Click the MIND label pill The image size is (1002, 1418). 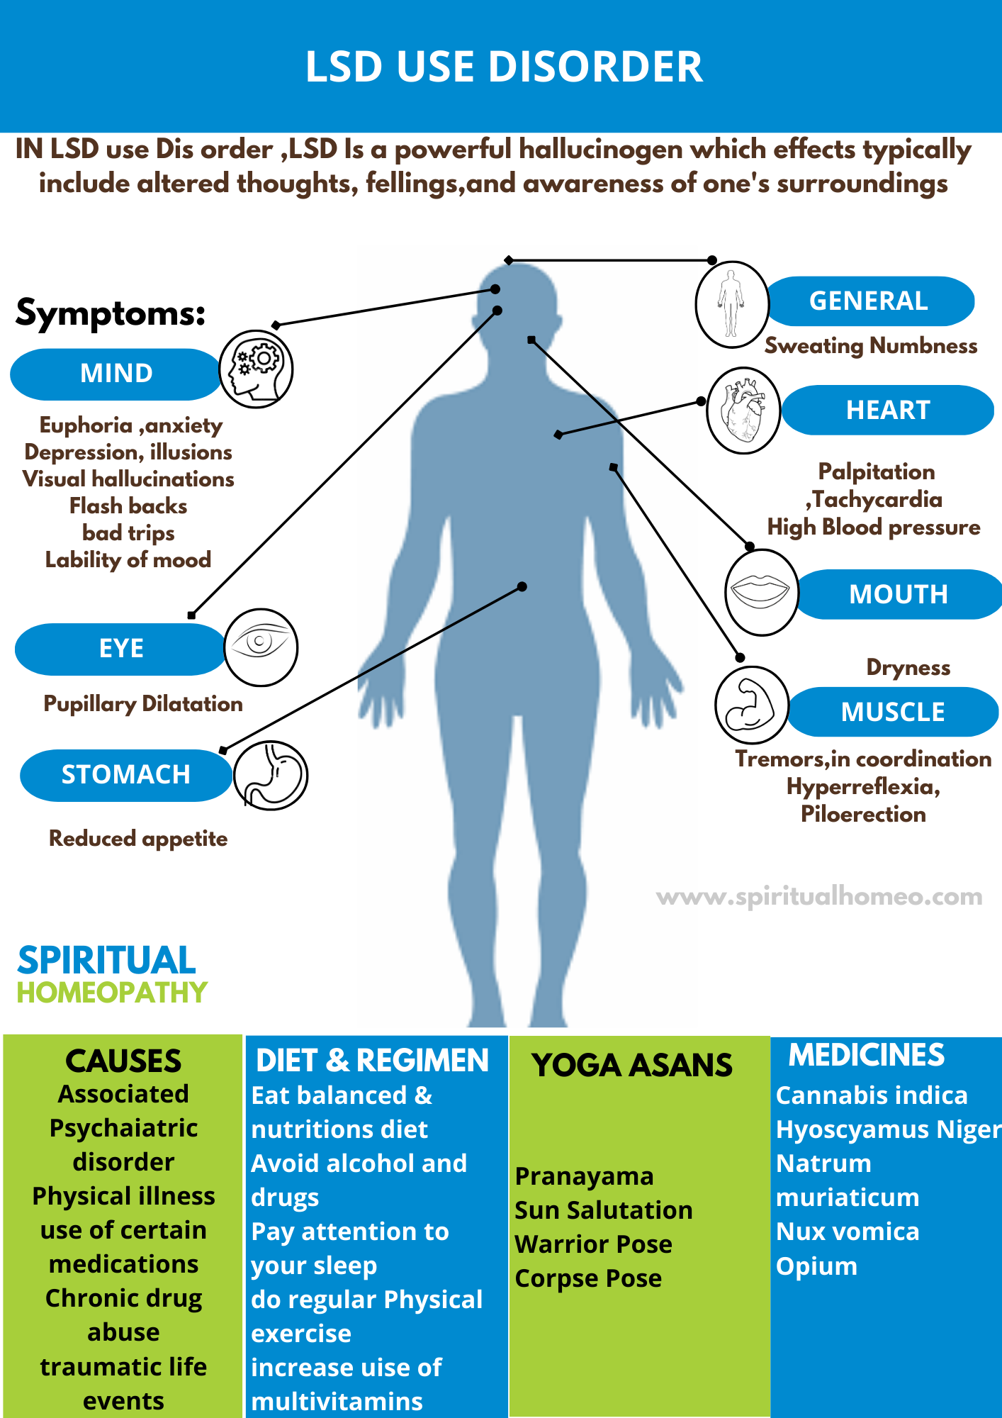point(116,374)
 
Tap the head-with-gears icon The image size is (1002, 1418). point(256,369)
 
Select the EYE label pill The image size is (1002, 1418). point(120,649)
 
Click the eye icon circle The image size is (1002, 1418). point(261,647)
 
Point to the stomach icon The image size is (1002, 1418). point(271,776)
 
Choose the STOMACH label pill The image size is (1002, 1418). point(125,775)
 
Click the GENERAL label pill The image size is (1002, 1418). point(869,301)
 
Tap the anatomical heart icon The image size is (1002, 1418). point(743,411)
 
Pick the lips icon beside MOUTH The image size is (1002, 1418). point(761,591)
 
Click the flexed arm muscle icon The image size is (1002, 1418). point(751,705)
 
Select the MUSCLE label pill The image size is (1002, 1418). point(893,712)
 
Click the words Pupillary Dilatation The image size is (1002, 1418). point(143,704)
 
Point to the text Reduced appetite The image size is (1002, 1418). point(138,839)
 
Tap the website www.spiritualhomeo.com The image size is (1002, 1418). point(819,897)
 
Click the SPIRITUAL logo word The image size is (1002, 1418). point(106,961)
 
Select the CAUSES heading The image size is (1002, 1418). point(123,1061)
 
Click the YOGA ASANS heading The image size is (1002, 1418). point(632,1065)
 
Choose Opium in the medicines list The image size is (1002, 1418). point(816,1266)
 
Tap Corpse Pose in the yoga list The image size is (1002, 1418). point(588,1278)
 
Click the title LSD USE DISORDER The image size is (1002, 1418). point(504,67)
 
